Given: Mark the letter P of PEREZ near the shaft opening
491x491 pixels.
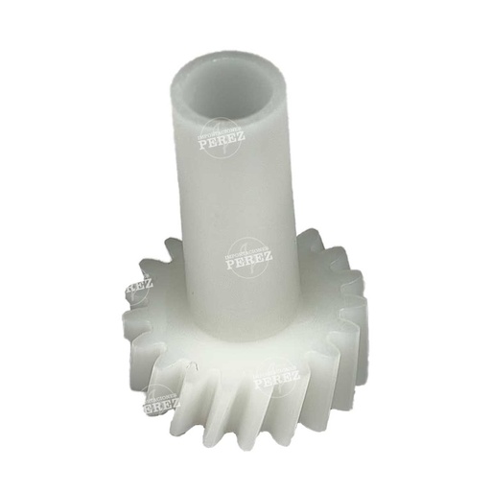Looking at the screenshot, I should click(202, 144).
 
